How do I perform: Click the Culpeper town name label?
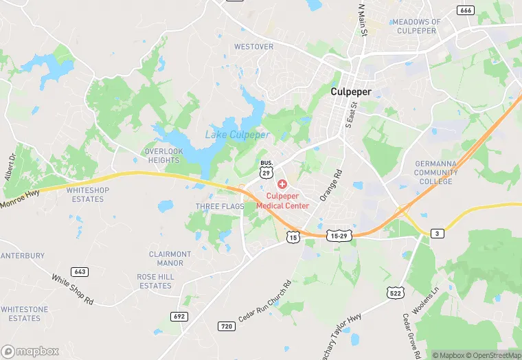click(351, 91)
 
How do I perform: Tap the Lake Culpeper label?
click(238, 135)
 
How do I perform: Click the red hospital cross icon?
click(282, 185)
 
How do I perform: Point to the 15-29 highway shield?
click(340, 235)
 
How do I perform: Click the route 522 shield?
click(394, 293)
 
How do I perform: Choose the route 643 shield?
click(79, 272)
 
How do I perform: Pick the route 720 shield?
click(226, 326)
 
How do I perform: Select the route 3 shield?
click(437, 234)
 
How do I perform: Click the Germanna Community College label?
click(436, 172)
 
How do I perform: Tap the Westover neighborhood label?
click(253, 47)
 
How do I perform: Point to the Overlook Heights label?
click(163, 155)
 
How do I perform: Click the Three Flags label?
click(220, 206)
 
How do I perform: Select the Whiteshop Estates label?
click(88, 194)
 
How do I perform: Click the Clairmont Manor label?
click(170, 258)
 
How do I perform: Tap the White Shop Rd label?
click(73, 289)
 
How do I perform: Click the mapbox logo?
click(30, 350)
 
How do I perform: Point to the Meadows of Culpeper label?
click(416, 26)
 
